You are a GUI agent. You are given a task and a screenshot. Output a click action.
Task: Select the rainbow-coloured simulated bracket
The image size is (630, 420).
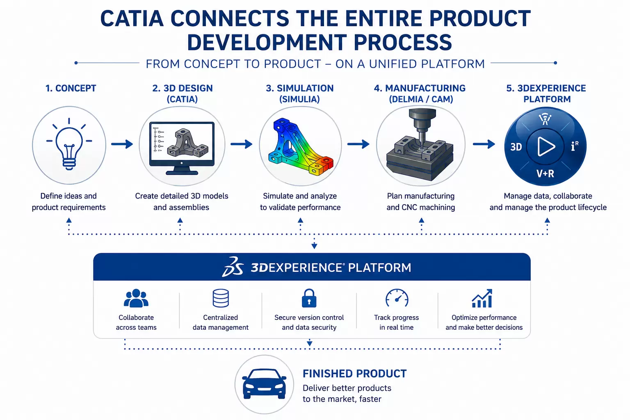(x=300, y=147)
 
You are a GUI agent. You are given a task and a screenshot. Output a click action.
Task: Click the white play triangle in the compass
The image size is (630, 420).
(x=546, y=146)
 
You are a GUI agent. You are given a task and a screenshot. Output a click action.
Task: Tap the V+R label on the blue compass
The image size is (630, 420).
(x=545, y=173)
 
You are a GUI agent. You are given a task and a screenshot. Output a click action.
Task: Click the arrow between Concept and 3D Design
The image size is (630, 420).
(x=122, y=144)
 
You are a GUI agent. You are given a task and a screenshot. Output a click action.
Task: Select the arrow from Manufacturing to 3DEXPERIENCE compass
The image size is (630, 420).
(x=484, y=144)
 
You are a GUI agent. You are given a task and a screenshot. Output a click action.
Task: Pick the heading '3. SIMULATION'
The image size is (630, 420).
(x=300, y=88)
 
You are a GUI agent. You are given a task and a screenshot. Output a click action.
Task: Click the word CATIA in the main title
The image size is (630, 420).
(x=132, y=18)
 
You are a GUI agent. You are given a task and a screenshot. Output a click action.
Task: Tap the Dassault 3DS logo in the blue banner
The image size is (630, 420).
(x=233, y=267)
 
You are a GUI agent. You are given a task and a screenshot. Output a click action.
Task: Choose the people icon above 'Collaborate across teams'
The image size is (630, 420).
(x=136, y=298)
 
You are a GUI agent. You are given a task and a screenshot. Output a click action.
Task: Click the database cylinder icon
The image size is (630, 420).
(x=221, y=298)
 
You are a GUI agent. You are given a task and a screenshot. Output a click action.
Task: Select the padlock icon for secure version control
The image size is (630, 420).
(x=309, y=298)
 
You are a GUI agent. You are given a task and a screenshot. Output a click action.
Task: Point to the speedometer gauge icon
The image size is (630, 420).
(x=397, y=298)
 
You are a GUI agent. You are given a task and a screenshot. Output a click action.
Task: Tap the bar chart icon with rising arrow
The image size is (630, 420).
(x=482, y=298)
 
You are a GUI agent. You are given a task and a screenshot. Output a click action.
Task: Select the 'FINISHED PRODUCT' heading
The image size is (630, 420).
(x=355, y=374)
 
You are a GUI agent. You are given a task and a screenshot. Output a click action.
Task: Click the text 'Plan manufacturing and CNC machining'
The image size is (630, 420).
(x=421, y=202)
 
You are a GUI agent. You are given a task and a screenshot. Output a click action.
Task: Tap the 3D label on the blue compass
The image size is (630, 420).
(x=516, y=147)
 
